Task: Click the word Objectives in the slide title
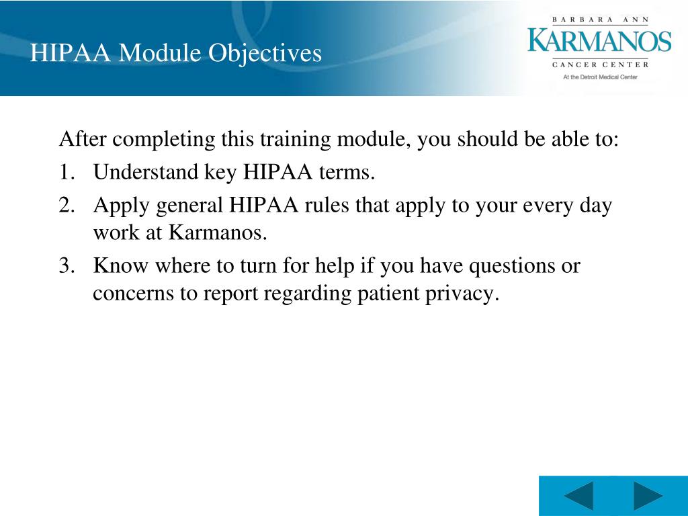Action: (264, 53)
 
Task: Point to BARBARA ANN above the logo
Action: (600, 20)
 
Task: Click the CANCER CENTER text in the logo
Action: (600, 64)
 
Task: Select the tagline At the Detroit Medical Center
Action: (600, 77)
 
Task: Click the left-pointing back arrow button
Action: (578, 497)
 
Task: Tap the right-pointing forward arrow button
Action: (648, 497)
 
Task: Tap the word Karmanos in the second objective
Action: (217, 233)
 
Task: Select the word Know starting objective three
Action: (120, 266)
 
